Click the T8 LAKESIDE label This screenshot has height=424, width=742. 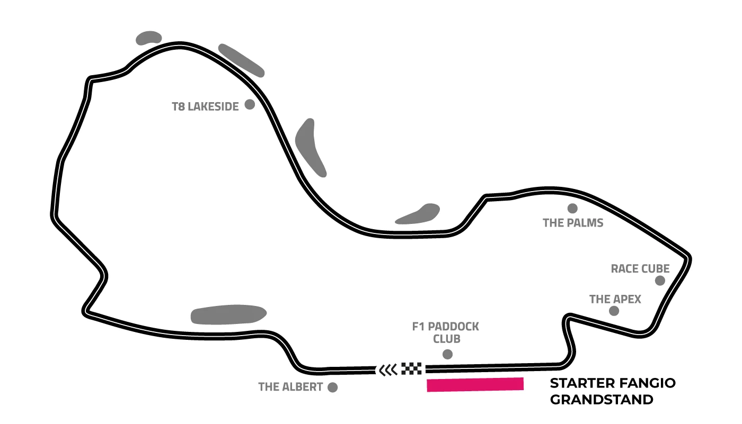click(x=206, y=106)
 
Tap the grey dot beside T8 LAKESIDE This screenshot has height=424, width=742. click(x=250, y=104)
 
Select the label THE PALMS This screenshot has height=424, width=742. click(x=573, y=223)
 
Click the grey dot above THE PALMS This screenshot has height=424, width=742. click(x=572, y=208)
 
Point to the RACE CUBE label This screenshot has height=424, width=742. click(x=640, y=269)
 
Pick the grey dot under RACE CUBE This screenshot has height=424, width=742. click(x=660, y=281)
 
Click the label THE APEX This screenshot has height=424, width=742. click(x=615, y=300)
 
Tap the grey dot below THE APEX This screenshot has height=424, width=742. click(x=614, y=311)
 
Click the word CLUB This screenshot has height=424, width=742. click(x=446, y=339)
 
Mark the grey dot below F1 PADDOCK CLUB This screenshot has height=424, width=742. click(x=447, y=354)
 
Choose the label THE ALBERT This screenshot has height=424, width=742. click(x=290, y=387)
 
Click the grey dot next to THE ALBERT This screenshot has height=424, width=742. click(x=333, y=387)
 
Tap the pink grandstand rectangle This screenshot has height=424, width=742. click(x=475, y=385)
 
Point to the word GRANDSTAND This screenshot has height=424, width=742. click(x=602, y=400)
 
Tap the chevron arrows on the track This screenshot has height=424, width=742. click(x=387, y=369)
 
